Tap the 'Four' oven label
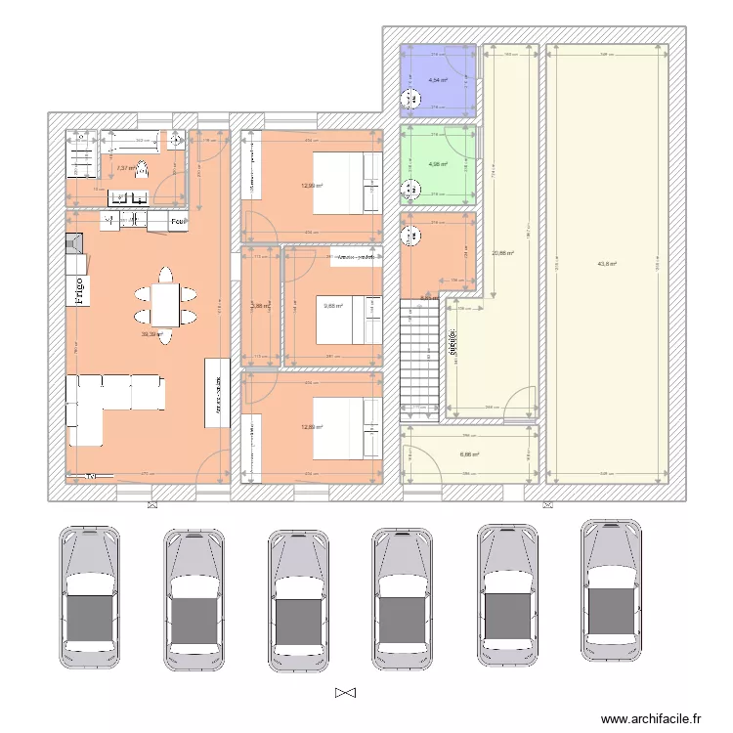click(x=178, y=222)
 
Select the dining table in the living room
click(x=164, y=304)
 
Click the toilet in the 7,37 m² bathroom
click(x=140, y=169)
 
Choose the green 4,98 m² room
click(x=438, y=164)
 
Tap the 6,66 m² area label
click(x=470, y=454)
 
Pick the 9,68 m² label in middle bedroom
click(x=333, y=306)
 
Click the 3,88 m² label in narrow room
click(x=259, y=306)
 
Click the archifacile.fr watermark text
click(x=651, y=718)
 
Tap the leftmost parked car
click(x=90, y=598)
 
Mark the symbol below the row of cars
click(x=345, y=693)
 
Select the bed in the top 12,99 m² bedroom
click(x=346, y=182)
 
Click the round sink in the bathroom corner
click(x=175, y=141)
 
